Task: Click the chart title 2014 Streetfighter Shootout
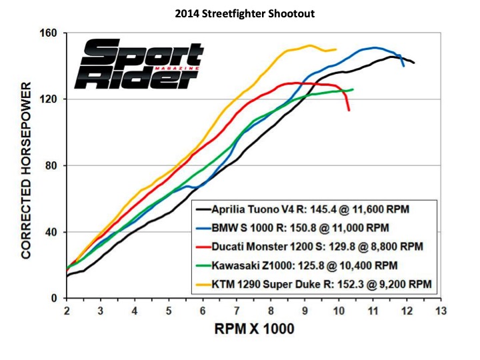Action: pos(240,13)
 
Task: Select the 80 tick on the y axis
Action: pos(52,165)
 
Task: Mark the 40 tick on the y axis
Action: pos(52,232)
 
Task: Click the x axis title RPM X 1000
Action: pos(253,329)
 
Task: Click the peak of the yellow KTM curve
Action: pos(310,45)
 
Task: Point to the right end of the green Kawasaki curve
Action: pos(353,89)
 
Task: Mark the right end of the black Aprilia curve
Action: pos(414,63)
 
